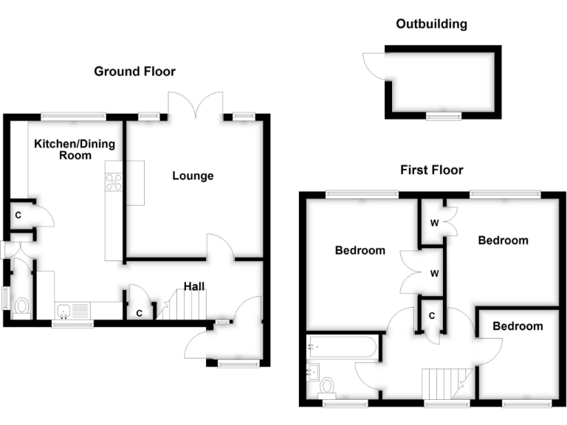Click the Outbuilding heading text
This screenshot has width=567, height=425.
point(431,24)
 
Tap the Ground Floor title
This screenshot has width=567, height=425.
point(134,71)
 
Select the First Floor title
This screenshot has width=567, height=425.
point(431,170)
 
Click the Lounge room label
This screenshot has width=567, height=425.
point(193,176)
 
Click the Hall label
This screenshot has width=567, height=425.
point(194,286)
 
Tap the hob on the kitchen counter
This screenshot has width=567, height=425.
point(114,182)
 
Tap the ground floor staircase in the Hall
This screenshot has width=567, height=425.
point(176,305)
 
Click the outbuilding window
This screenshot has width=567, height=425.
point(443,116)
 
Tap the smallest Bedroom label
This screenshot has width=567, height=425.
point(518,326)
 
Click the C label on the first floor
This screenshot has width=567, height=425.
point(430,316)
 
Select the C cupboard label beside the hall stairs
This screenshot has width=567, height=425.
point(139,313)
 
